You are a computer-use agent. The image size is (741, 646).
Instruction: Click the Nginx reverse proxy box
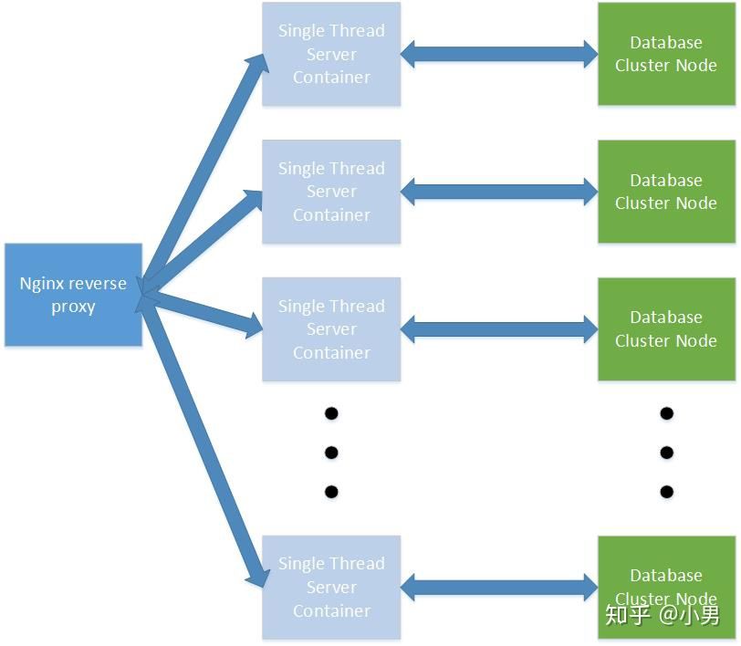click(x=73, y=295)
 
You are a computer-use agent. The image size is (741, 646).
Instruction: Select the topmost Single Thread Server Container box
click(x=331, y=54)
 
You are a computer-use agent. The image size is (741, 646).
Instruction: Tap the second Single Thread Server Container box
click(x=331, y=192)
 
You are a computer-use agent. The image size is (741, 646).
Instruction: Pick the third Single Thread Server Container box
click(x=331, y=328)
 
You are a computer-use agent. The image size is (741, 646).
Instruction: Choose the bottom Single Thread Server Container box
click(x=331, y=588)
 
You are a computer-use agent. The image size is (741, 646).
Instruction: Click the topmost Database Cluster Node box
click(x=666, y=54)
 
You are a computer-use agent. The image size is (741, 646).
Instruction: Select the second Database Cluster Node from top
click(x=666, y=192)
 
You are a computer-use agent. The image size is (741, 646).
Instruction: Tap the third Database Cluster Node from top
click(x=666, y=328)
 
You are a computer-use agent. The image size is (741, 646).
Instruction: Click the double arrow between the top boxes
click(x=499, y=54)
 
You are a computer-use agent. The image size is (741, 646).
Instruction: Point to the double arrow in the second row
click(x=499, y=192)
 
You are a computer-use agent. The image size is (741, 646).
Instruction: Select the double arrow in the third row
click(x=499, y=329)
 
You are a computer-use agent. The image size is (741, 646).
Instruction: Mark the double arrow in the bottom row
click(x=499, y=588)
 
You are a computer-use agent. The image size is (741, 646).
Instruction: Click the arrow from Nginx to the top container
click(x=204, y=172)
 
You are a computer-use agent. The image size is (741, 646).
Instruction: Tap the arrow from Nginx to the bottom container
click(x=204, y=440)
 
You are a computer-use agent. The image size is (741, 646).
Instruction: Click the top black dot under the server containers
click(x=331, y=413)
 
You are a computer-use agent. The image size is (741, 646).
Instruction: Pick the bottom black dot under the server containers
click(x=331, y=492)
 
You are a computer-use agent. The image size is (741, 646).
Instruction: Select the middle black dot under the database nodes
click(x=666, y=453)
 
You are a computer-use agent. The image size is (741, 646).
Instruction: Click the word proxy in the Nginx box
click(x=73, y=307)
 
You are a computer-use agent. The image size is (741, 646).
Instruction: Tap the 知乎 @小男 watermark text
click(x=663, y=614)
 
